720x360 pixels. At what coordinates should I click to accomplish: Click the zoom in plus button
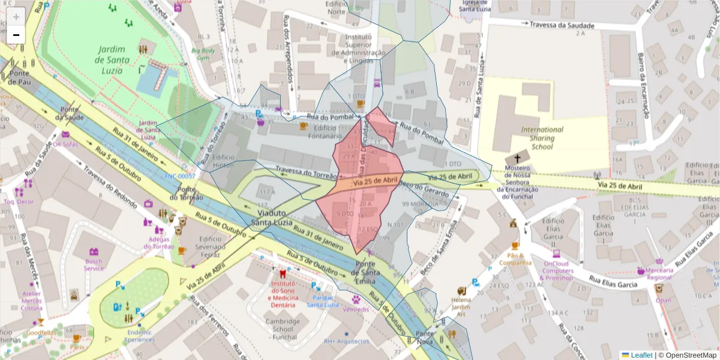point(16,16)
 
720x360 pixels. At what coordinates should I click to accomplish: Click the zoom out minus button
point(16,35)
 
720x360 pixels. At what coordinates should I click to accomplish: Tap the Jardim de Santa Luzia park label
point(110,59)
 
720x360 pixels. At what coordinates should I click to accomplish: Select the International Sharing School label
point(542,138)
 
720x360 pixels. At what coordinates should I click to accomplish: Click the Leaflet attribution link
point(641,355)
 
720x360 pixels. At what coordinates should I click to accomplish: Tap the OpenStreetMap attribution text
point(688,355)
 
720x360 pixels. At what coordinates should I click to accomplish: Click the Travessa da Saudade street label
point(562,25)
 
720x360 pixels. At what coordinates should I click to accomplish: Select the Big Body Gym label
point(203,55)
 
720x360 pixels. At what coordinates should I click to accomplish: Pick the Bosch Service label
point(94,265)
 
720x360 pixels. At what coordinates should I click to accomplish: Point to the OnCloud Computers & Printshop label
point(557,271)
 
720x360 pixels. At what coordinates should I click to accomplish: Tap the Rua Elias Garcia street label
point(613,281)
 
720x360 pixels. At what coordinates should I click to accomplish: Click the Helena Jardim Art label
point(461,307)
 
